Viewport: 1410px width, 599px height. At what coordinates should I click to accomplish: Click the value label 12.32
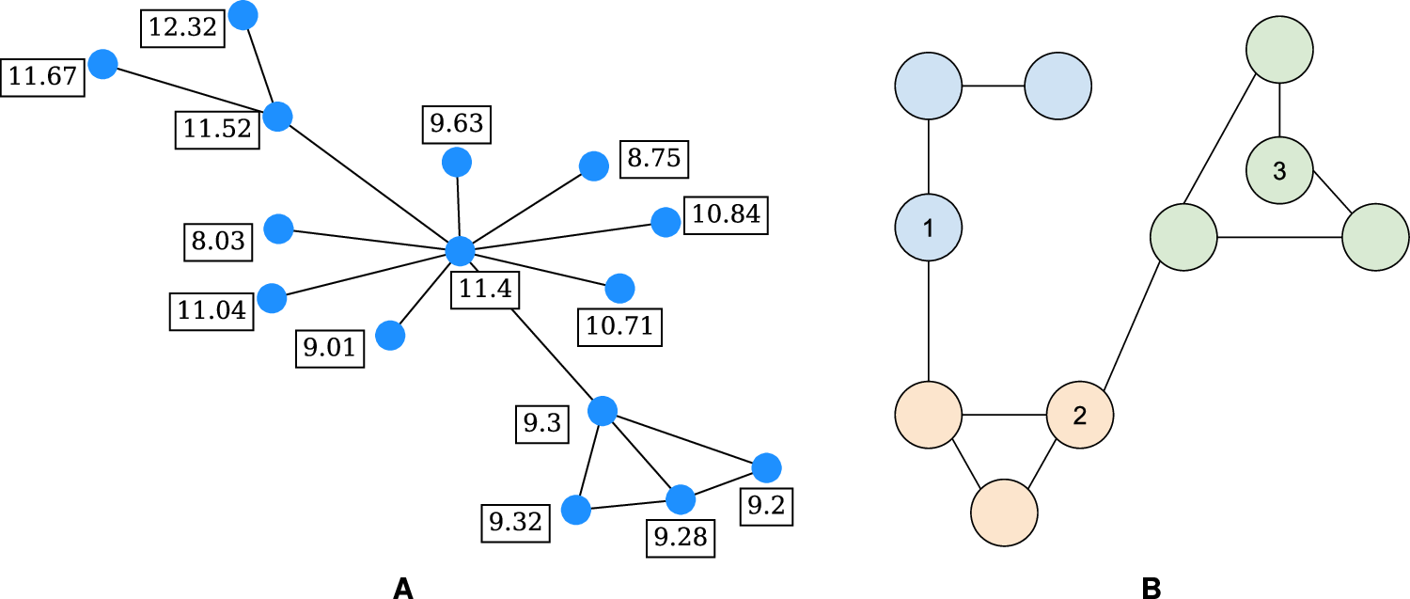click(183, 28)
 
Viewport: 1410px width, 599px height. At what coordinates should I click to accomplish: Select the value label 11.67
click(43, 77)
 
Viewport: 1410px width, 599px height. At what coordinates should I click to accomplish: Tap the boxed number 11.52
click(218, 130)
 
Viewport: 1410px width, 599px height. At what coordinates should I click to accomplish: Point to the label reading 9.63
click(457, 122)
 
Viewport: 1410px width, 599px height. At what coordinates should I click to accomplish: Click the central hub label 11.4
click(484, 289)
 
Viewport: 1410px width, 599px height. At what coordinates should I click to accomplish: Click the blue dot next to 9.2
click(766, 466)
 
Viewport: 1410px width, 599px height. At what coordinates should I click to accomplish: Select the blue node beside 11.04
click(272, 297)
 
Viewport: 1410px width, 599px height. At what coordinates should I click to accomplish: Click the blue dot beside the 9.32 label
click(575, 510)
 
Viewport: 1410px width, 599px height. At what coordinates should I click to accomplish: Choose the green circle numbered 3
click(1279, 171)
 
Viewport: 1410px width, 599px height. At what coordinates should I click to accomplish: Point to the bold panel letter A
click(402, 588)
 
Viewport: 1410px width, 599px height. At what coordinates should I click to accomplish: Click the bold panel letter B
click(1150, 588)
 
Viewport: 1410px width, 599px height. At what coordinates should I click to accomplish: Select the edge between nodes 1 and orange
click(929, 320)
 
